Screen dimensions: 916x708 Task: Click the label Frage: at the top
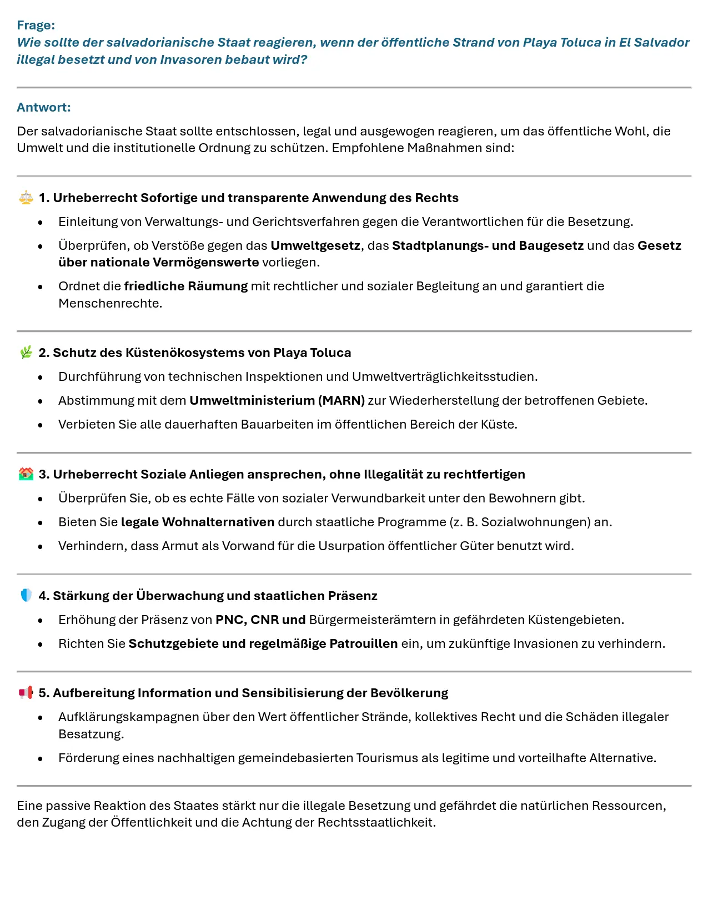point(36,25)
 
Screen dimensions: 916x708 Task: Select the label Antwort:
point(43,107)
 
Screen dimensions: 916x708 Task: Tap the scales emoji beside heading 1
point(26,198)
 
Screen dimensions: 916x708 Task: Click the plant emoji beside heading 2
point(26,353)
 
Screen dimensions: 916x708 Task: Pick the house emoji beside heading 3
point(26,474)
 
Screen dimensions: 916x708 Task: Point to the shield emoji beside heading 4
point(26,596)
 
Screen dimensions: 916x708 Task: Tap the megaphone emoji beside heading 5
point(26,693)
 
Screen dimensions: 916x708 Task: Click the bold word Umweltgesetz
point(315,245)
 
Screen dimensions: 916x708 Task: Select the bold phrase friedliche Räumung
point(185,286)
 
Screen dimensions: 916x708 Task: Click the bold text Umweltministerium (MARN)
point(277,400)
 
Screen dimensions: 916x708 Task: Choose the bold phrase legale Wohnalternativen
point(197,522)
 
